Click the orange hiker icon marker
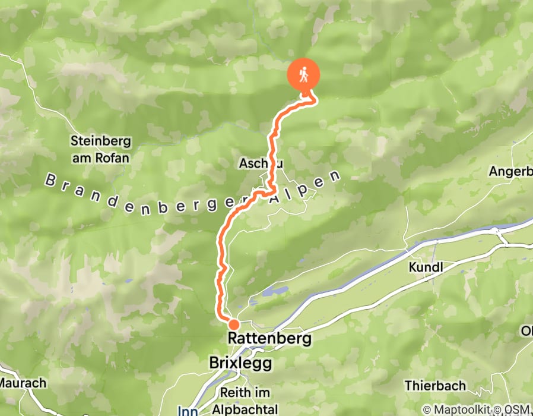pos(304,75)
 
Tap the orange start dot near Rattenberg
pos(233,324)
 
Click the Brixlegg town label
pos(240,362)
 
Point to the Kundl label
pos(426,267)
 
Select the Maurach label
pos(23,383)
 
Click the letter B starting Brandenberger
pos(49,179)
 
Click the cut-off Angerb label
pos(510,171)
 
